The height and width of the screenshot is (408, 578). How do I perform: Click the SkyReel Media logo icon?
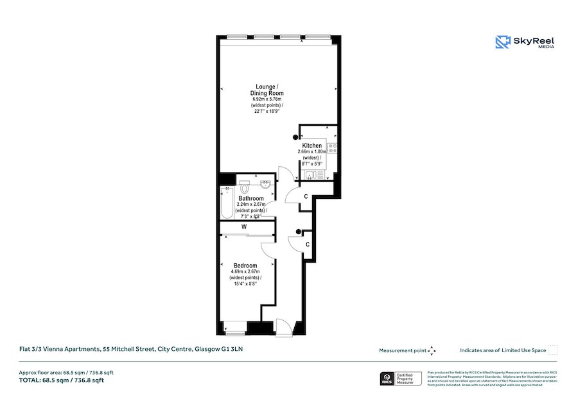[x=502, y=42]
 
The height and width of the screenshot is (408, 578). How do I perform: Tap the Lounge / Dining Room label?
[x=266, y=90]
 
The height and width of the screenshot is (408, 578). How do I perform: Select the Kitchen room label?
[x=312, y=146]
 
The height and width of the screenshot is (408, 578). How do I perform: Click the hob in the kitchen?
[x=332, y=149]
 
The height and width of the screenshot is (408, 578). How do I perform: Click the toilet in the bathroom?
[x=245, y=187]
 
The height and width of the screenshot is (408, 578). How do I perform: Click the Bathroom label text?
[x=250, y=199]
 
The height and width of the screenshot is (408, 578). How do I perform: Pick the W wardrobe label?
[x=245, y=226]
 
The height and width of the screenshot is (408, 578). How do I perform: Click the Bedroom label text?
[x=245, y=266]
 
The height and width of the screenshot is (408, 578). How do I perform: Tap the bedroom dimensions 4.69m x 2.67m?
[x=245, y=272]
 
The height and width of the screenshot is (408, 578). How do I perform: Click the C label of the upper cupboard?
[x=306, y=196]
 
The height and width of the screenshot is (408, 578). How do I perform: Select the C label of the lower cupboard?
[x=308, y=244]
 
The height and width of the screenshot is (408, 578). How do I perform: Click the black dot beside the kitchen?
[x=296, y=136]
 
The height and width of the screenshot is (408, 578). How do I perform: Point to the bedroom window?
[x=234, y=332]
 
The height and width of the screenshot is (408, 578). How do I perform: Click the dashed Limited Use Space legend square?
[x=553, y=350]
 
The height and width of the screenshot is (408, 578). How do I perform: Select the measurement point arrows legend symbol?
[x=432, y=350]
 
